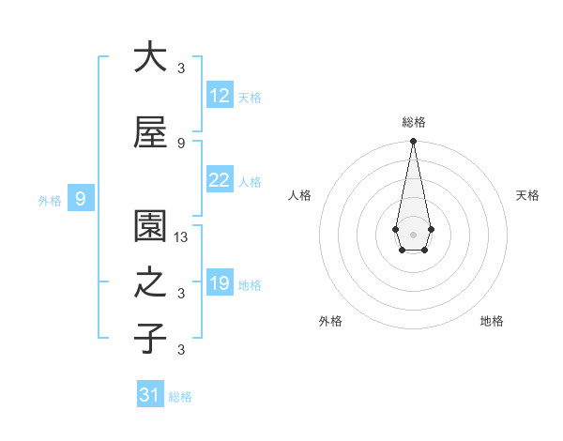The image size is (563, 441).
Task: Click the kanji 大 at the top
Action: tap(150, 57)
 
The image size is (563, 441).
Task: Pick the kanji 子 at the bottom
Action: tap(150, 339)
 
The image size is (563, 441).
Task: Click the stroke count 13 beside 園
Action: tap(182, 238)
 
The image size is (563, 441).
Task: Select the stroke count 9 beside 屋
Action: tap(181, 143)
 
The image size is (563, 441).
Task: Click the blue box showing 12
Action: tap(220, 95)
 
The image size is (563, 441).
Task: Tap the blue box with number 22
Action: tap(220, 180)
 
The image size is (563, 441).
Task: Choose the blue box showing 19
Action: tap(220, 283)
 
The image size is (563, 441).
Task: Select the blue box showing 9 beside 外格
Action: tap(81, 199)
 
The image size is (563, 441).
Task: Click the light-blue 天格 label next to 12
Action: tap(250, 97)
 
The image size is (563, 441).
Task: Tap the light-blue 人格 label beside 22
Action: tap(250, 182)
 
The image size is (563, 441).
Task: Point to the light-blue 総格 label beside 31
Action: tap(180, 397)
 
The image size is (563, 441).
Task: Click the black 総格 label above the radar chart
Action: tap(414, 122)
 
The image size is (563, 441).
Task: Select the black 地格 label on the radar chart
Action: tap(492, 321)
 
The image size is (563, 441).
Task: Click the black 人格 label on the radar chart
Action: tap(300, 195)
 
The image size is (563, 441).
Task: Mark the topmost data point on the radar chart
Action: tap(413, 141)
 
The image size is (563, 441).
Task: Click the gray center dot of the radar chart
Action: tap(413, 233)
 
